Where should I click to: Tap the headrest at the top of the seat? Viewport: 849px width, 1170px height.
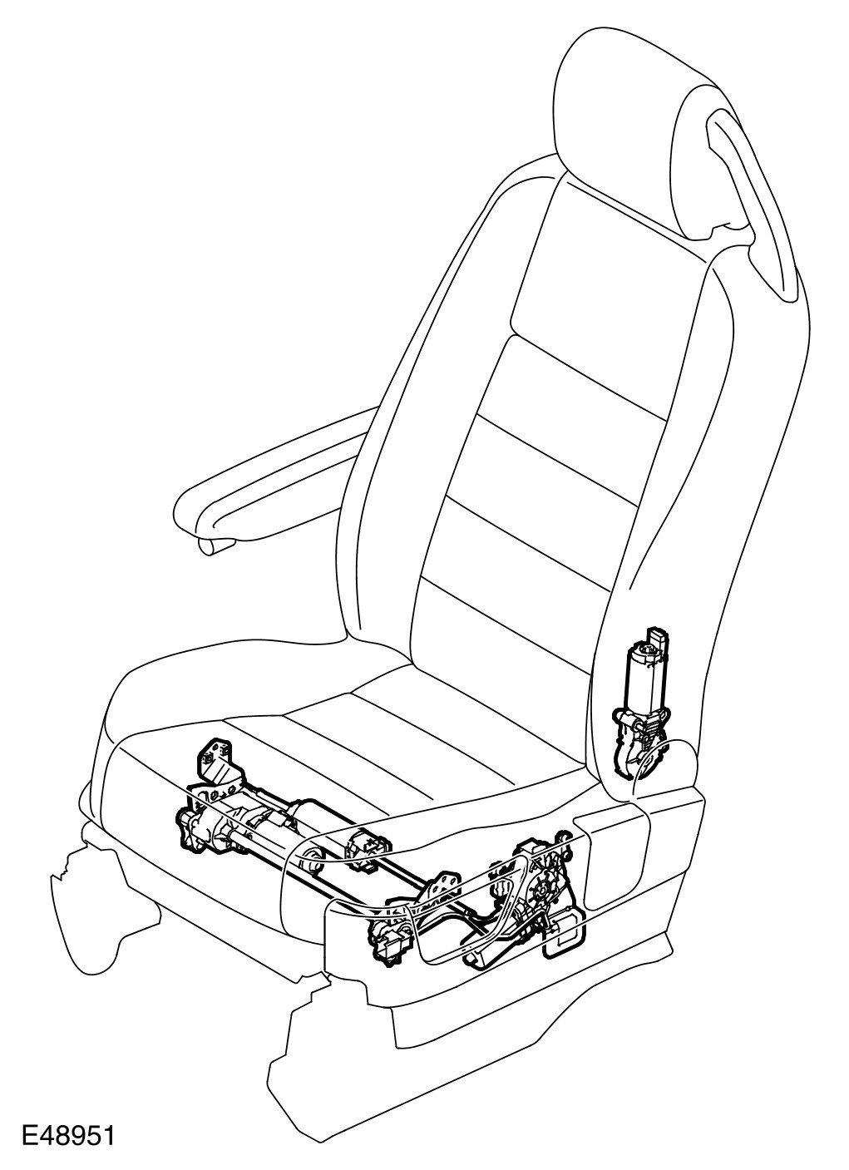coord(665,108)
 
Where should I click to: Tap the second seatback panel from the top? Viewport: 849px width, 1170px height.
coord(574,399)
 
